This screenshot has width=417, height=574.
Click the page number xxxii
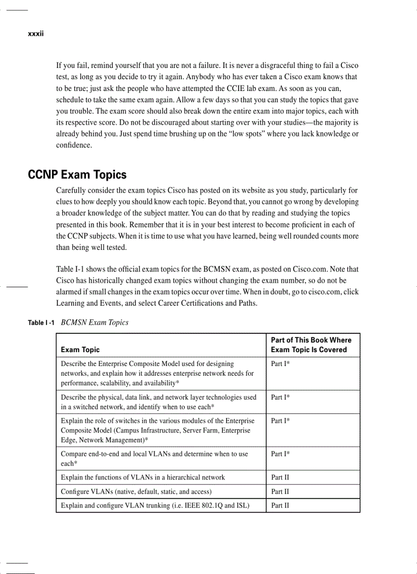point(36,34)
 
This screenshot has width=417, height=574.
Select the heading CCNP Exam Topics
point(77,175)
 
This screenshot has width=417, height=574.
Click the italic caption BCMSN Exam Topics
point(95,323)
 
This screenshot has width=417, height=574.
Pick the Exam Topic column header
point(80,350)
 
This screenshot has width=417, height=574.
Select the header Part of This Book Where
point(311,340)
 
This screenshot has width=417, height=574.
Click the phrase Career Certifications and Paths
point(208,303)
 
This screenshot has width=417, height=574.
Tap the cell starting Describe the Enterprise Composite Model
point(147,364)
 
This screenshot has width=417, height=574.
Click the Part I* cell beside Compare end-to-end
point(281,454)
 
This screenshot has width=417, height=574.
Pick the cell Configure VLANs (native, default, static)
point(136,492)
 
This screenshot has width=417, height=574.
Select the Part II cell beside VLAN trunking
point(280,506)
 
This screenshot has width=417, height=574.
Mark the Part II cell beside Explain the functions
point(280,477)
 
